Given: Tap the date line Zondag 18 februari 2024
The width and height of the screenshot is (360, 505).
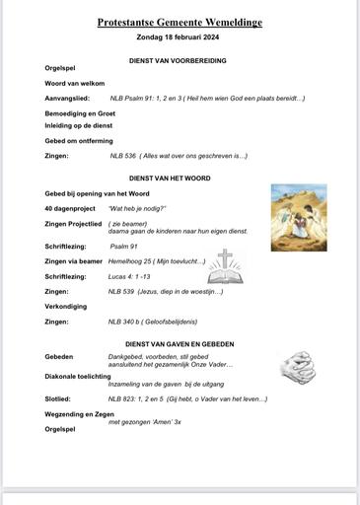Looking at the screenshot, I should pos(179,37).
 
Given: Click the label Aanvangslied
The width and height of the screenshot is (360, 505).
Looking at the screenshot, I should pos(67,99).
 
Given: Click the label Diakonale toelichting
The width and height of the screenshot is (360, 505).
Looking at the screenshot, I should pos(78,377).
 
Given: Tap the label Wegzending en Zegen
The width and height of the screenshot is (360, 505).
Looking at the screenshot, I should pos(80,414).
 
